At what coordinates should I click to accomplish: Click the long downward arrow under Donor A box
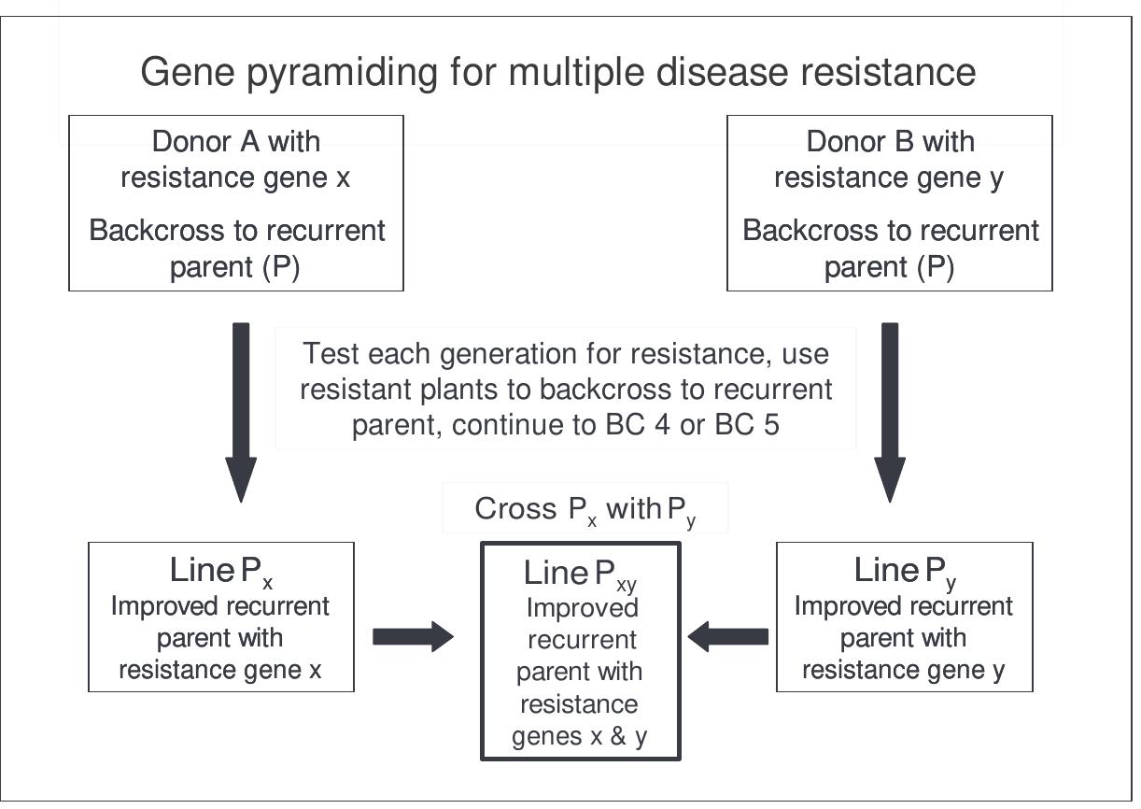pos(241,411)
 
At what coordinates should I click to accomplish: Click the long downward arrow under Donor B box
pos(890,411)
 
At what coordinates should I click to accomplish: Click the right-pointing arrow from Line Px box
pos(412,637)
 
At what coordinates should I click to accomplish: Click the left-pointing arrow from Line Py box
pos(728,637)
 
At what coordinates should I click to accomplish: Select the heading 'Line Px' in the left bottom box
pos(221,571)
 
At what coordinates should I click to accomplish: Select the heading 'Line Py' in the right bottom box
pos(905,571)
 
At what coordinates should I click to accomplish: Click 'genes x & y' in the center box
pos(580,736)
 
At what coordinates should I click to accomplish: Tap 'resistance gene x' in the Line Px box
pos(220,670)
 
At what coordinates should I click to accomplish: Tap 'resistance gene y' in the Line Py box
pos(904,670)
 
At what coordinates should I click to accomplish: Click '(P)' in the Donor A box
pos(279,268)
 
